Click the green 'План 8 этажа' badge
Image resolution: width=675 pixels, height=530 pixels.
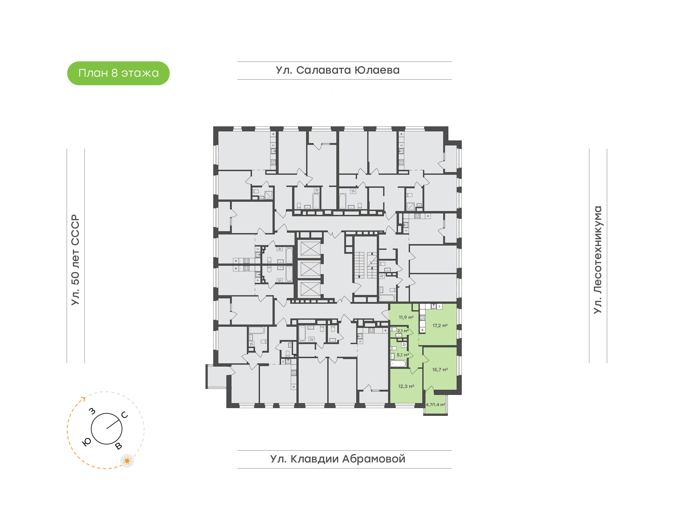pos(118,73)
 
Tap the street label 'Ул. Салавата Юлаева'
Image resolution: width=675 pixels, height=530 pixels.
pos(338,70)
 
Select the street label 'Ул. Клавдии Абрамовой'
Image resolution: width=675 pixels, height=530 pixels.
pos(338,459)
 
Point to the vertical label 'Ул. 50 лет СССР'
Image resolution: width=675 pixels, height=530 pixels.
pos(75,260)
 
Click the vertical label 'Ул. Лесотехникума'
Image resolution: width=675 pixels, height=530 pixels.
pos(597,260)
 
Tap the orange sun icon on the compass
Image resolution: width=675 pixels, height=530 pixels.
pos(127,461)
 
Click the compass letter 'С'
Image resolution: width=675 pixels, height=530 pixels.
pos(125,415)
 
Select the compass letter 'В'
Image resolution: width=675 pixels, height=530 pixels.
pos(118,446)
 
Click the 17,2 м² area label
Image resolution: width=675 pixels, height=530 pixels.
pos(440,326)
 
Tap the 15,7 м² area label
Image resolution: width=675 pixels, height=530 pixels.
pos(440,370)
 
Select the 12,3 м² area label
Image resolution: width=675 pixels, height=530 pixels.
pos(406,386)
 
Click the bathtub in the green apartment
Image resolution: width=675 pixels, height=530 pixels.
pos(398,364)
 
